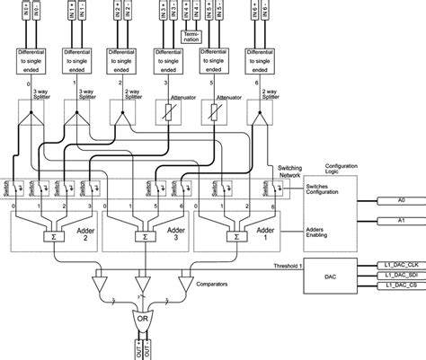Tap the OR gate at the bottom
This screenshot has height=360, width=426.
141,320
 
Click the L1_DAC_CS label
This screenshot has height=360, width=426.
400,286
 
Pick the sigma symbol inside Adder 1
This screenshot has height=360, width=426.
235,240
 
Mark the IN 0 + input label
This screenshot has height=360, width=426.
25,11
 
